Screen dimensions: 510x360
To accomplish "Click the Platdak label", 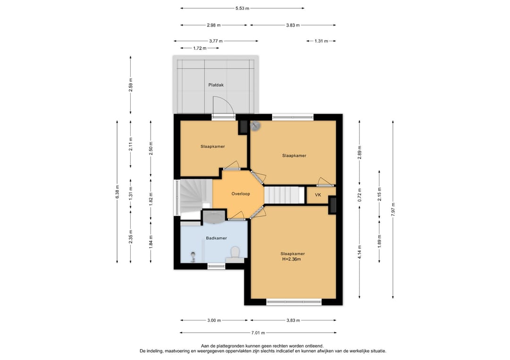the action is (216, 85).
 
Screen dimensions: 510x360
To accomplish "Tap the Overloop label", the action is (241, 194).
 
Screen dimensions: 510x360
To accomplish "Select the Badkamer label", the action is (216, 238).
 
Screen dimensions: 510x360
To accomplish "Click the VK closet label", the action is (318, 195).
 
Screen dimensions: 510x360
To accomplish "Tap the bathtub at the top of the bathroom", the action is (214, 217).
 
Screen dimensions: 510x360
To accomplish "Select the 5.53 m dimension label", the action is (242, 8).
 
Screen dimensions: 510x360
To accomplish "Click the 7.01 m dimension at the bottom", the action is (258, 333).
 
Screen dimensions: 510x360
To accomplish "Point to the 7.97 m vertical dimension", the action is (393, 209).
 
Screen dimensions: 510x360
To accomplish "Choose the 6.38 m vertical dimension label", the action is (117, 192).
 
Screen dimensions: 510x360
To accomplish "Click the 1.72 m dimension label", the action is (200, 48).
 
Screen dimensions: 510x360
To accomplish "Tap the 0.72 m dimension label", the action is (359, 195).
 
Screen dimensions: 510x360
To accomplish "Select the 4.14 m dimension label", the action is (359, 251).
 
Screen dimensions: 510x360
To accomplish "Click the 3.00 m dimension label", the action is (214, 320).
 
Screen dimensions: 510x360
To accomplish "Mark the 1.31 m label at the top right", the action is (321, 41).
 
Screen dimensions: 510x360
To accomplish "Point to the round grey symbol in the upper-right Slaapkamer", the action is (255, 126).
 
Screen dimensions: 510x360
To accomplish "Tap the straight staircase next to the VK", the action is (284, 194).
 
